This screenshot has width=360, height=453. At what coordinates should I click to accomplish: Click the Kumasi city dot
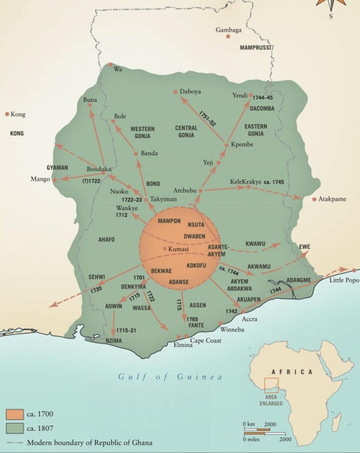(165, 249)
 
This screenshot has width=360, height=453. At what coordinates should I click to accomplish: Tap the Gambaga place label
(229, 30)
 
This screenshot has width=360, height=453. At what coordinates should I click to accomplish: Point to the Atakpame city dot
(315, 199)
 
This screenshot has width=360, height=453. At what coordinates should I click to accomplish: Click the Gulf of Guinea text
(170, 376)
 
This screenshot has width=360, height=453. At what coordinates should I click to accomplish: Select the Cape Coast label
(206, 340)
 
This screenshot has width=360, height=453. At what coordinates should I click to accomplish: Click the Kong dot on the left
(7, 114)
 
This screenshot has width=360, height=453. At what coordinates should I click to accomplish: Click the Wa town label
(119, 68)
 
